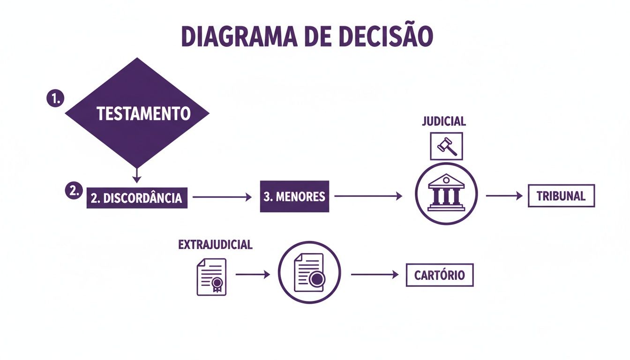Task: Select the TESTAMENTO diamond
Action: point(137,113)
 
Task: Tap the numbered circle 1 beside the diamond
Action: point(56,99)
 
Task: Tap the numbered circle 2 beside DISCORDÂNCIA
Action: point(73,191)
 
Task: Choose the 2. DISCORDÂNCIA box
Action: point(137,198)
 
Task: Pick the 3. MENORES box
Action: point(294,196)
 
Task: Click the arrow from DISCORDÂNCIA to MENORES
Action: point(222,197)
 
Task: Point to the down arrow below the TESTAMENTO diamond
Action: point(136,175)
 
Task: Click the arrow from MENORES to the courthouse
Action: point(368,196)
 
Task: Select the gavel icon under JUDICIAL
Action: point(446,146)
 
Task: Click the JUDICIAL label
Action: point(444,121)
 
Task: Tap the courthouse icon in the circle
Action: point(446,193)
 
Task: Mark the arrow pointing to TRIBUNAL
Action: point(504,196)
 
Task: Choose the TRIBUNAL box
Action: point(561,196)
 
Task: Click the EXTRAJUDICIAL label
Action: point(215,245)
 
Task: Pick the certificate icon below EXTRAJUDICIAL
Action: point(211,277)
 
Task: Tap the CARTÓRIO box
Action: point(439,275)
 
